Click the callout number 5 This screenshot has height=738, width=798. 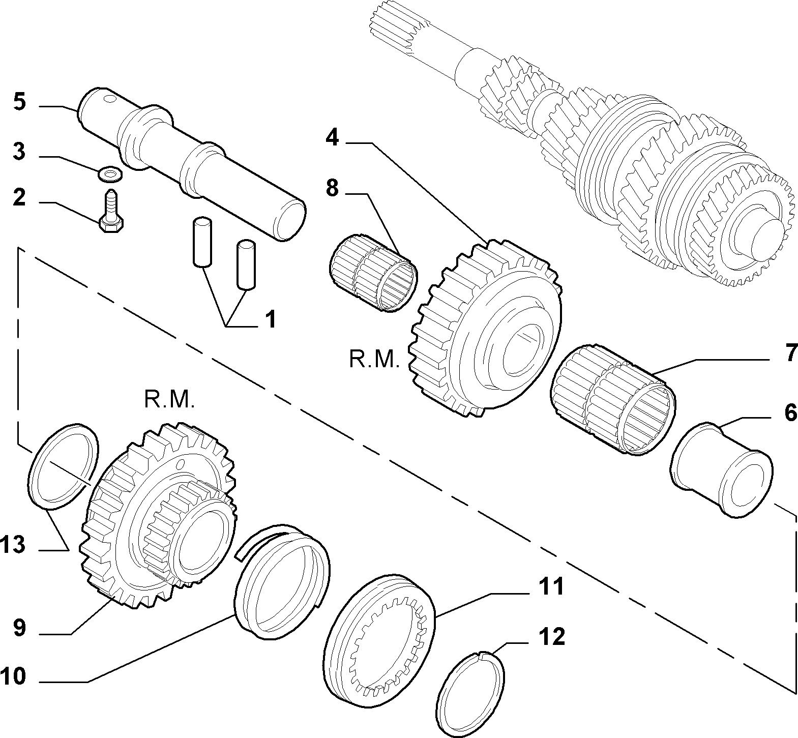tap(19, 102)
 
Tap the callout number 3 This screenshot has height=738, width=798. tap(19, 152)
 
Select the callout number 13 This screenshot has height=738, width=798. tap(12, 545)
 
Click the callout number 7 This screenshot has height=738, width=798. tap(790, 352)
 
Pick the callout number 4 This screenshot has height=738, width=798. tap(332, 138)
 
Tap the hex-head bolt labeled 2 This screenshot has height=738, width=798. tap(111, 212)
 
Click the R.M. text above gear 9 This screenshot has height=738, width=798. tap(169, 401)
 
